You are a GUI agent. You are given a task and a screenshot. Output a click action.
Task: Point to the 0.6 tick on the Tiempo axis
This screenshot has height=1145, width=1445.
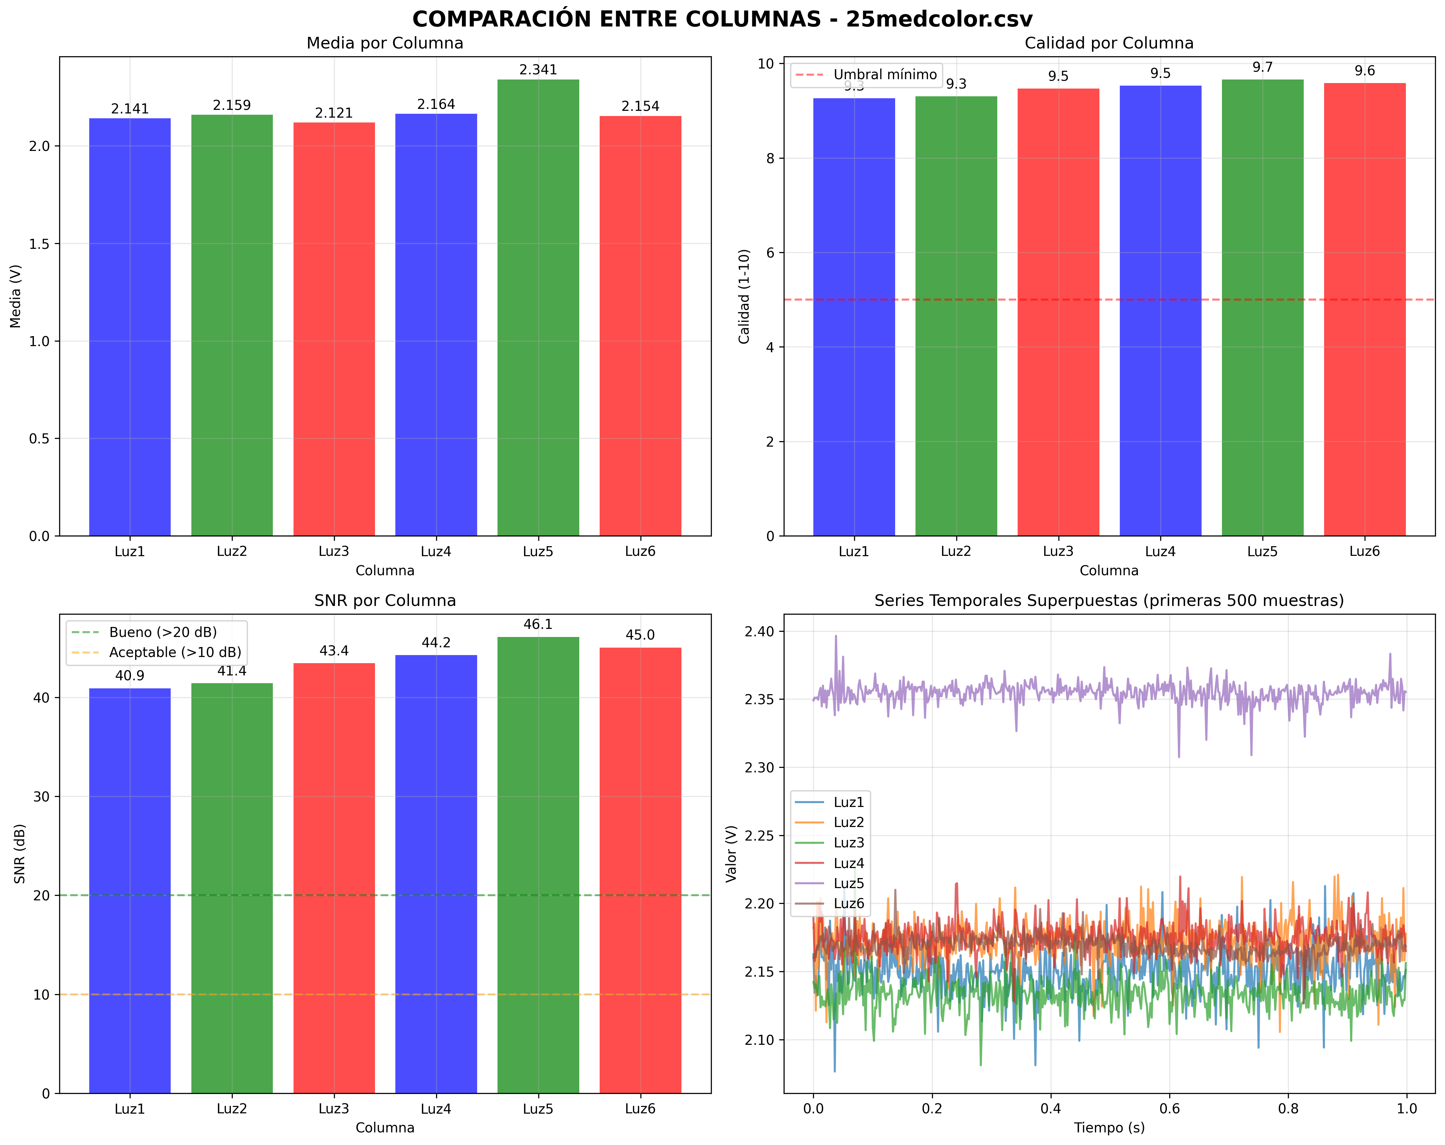click(1170, 1109)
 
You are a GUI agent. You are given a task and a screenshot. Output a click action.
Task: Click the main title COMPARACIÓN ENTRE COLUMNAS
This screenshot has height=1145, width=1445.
click(722, 19)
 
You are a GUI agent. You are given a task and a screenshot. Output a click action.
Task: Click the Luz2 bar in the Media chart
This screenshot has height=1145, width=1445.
click(232, 325)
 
